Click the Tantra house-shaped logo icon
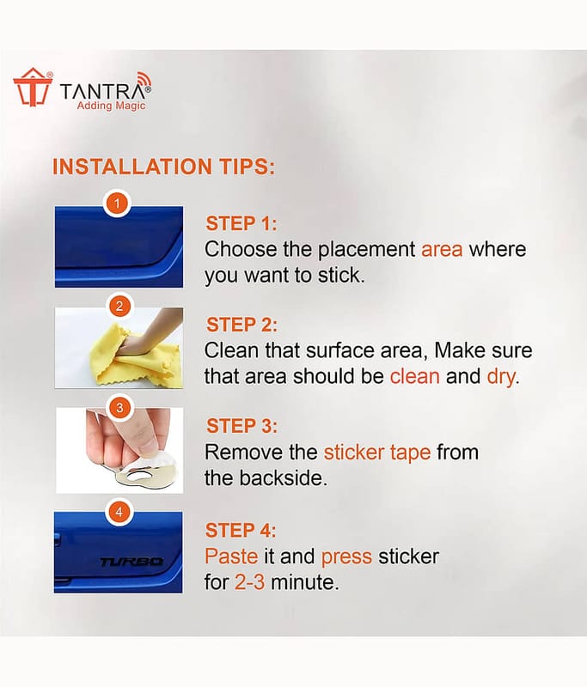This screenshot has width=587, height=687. [x=32, y=87]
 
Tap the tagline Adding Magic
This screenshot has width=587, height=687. [x=111, y=106]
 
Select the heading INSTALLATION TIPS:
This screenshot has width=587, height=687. [x=163, y=167]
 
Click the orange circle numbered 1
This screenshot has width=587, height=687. [x=117, y=204]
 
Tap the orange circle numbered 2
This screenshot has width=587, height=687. [x=119, y=306]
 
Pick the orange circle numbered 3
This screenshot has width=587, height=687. [x=119, y=409]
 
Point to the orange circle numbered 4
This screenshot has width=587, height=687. [x=119, y=512]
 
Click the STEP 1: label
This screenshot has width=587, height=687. [x=242, y=223]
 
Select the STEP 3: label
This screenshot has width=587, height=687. [x=242, y=426]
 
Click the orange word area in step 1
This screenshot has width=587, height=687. [x=442, y=249]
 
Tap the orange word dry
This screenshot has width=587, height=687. [x=501, y=377]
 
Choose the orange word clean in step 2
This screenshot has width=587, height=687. [x=415, y=376]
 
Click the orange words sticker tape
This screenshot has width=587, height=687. [x=377, y=453]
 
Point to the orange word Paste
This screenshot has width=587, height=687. [x=231, y=556]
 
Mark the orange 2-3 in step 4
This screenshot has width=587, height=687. [x=249, y=582]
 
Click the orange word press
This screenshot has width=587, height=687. [x=346, y=557]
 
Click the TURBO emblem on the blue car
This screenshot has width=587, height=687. [x=131, y=562]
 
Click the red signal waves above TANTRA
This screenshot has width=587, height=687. [x=145, y=80]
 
